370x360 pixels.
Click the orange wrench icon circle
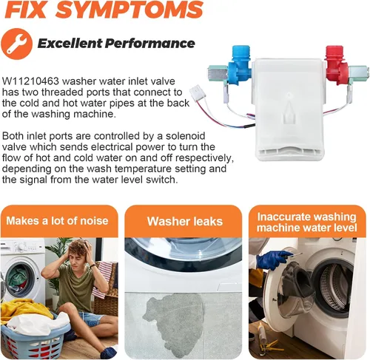16,44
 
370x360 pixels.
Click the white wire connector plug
197,92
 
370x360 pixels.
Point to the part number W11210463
31,81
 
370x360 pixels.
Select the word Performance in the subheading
149,44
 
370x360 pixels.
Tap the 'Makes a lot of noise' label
57,220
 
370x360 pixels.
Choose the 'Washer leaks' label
185,221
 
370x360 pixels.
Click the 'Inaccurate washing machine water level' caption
307,222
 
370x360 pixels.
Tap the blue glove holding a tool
273,259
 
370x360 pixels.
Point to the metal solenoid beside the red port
357,72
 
